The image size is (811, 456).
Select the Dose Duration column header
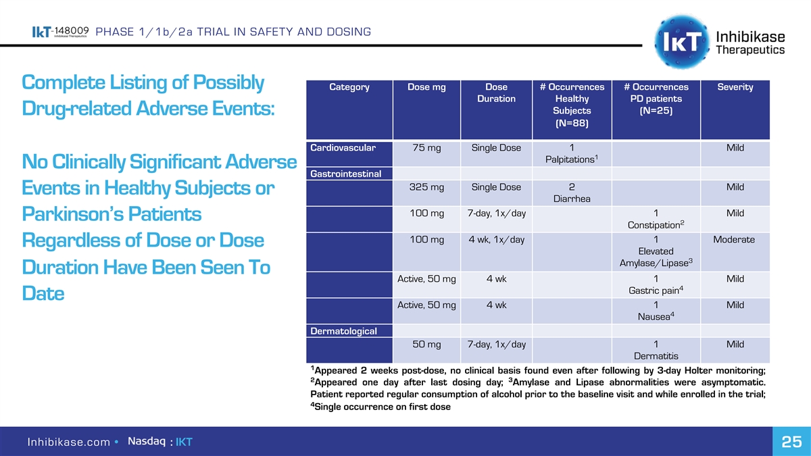pyautogui.click(x=496, y=93)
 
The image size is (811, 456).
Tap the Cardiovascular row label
pyautogui.click(x=343, y=148)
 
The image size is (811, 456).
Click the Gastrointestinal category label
pyautogui.click(x=345, y=175)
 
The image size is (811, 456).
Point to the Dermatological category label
pyautogui.click(x=343, y=331)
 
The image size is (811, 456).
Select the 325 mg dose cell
pyautogui.click(x=426, y=187)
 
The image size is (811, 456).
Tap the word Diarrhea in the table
pyautogui.click(x=572, y=199)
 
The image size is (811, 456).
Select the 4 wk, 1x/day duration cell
pyautogui.click(x=496, y=240)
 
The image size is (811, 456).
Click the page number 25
pyautogui.click(x=791, y=442)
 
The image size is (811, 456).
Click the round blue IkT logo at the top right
pyautogui.click(x=678, y=40)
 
